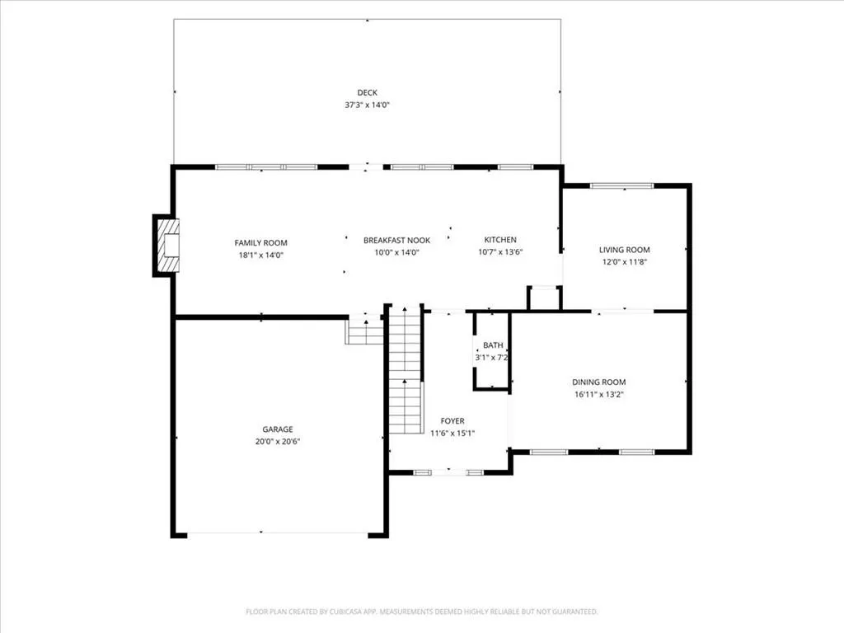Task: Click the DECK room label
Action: pyautogui.click(x=367, y=92)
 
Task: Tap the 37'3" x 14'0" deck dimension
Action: pyautogui.click(x=367, y=105)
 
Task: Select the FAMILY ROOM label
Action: pyautogui.click(x=260, y=243)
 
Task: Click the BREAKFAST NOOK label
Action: pyautogui.click(x=396, y=240)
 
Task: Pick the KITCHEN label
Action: pyautogui.click(x=500, y=240)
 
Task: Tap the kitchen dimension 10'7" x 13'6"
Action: pyautogui.click(x=500, y=252)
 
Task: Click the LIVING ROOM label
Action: pyautogui.click(x=625, y=250)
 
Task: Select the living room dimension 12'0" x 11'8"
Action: pyautogui.click(x=625, y=262)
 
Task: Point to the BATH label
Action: pyautogui.click(x=493, y=345)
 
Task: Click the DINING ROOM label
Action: pyautogui.click(x=598, y=382)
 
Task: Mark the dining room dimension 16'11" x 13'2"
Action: pyautogui.click(x=598, y=395)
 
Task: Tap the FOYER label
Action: pyautogui.click(x=452, y=421)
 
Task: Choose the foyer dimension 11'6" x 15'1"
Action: pyautogui.click(x=452, y=434)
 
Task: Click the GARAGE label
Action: pyautogui.click(x=278, y=429)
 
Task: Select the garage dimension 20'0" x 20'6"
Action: pyautogui.click(x=278, y=442)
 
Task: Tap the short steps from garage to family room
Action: pyautogui.click(x=364, y=330)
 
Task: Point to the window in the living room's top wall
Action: pyautogui.click(x=621, y=186)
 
